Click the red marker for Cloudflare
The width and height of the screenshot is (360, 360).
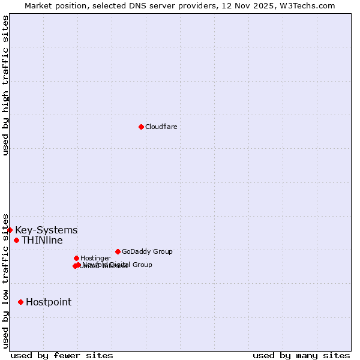click(x=141, y=127)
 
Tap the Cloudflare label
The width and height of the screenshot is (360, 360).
click(x=161, y=127)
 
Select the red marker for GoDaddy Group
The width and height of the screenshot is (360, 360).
click(x=118, y=251)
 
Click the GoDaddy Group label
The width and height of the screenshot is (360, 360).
click(x=147, y=251)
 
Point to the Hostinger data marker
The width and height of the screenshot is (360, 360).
click(x=76, y=258)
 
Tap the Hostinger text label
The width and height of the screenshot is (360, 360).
click(x=95, y=258)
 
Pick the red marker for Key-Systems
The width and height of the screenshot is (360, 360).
click(x=10, y=230)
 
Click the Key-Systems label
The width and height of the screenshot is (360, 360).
click(x=46, y=230)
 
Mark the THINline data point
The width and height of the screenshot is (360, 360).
click(x=16, y=240)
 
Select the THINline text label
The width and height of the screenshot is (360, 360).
click(x=42, y=241)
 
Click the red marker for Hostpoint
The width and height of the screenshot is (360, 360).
click(x=20, y=302)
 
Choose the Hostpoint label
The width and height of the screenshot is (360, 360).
click(x=49, y=302)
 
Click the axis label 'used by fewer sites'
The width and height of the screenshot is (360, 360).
click(x=62, y=355)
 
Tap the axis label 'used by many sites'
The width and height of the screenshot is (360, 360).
click(x=301, y=355)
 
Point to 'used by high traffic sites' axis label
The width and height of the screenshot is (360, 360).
click(x=5, y=85)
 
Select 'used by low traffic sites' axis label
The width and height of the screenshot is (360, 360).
click(x=5, y=281)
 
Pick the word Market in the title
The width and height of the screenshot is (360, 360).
click(x=38, y=5)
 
